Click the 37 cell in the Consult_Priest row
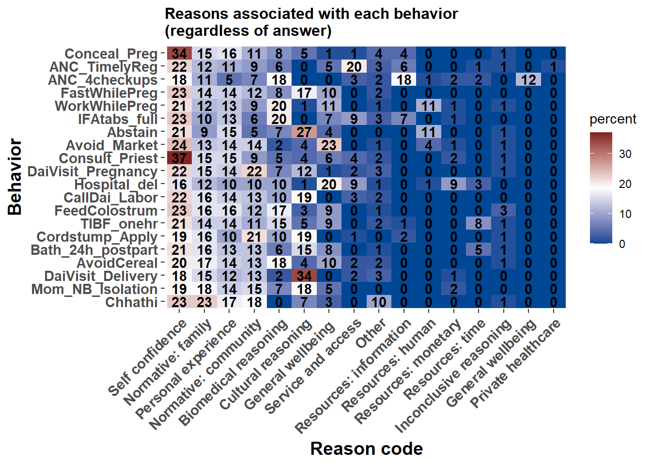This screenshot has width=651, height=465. tap(179, 158)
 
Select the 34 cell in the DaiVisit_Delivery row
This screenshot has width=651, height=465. tap(304, 276)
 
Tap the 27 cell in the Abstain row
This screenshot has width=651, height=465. tap(304, 132)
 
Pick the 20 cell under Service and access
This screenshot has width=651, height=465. tap(354, 67)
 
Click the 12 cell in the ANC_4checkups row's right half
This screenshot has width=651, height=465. tap(528, 80)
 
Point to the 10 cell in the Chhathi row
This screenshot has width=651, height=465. tap(379, 302)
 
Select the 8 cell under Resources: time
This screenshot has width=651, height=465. tap(479, 224)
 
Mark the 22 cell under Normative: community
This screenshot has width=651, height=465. tap(254, 171)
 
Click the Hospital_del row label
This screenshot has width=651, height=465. tap(116, 185)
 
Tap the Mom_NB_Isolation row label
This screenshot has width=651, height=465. tap(94, 289)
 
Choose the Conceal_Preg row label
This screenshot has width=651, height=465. tap(111, 54)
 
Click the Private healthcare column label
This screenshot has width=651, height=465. tap(516, 363)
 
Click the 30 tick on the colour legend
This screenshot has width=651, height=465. tap(625, 154)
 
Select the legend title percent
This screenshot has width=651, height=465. tap(613, 119)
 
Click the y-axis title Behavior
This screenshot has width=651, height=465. tap(15, 177)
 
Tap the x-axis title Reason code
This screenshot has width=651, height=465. tap(366, 449)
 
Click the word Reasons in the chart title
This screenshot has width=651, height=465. tap(194, 14)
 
